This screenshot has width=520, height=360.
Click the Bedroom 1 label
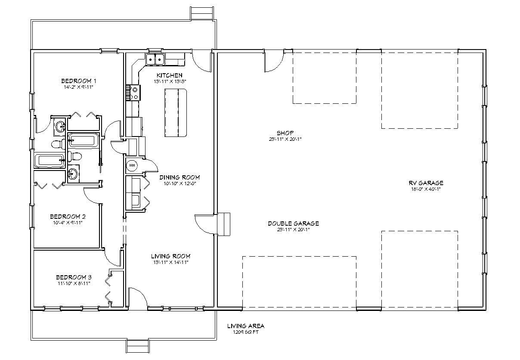(78, 81)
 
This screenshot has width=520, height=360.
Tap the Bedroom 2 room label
(68, 216)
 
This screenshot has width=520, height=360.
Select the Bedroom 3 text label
(73, 277)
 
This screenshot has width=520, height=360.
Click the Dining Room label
(180, 177)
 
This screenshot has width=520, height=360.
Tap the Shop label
(285, 133)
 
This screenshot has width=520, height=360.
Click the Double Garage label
(293, 223)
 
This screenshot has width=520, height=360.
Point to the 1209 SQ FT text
(246, 332)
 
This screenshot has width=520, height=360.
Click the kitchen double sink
(155, 59)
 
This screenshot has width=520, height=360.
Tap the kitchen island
(176, 113)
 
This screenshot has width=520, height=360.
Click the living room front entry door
(138, 300)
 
